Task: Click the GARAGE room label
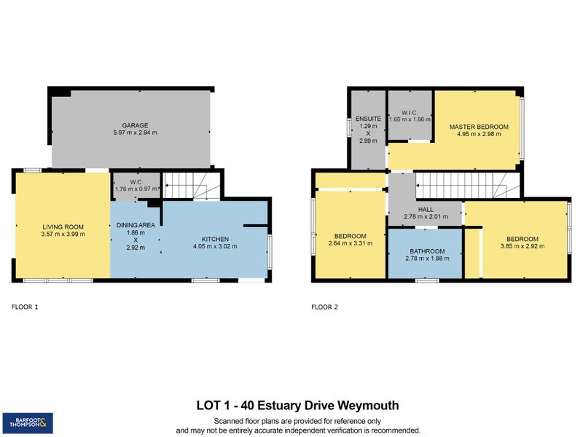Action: tap(135, 125)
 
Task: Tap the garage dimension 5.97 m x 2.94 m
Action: tap(135, 133)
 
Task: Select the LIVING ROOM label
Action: tap(63, 227)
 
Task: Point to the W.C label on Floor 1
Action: tap(136, 182)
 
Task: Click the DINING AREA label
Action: tap(136, 225)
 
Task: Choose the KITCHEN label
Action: tap(215, 240)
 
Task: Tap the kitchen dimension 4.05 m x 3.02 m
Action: tap(215, 246)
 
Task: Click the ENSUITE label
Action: tap(368, 119)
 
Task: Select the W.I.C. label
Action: tap(410, 113)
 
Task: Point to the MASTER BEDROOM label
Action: tap(479, 127)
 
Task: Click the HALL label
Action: tap(426, 210)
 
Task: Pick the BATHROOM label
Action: tap(427, 251)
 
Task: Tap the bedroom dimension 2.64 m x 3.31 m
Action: tap(351, 243)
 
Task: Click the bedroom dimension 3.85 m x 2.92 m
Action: tap(523, 246)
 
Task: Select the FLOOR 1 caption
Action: tap(25, 307)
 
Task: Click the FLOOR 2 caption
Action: tap(324, 307)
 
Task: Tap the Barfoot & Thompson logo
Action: tap(28, 423)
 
